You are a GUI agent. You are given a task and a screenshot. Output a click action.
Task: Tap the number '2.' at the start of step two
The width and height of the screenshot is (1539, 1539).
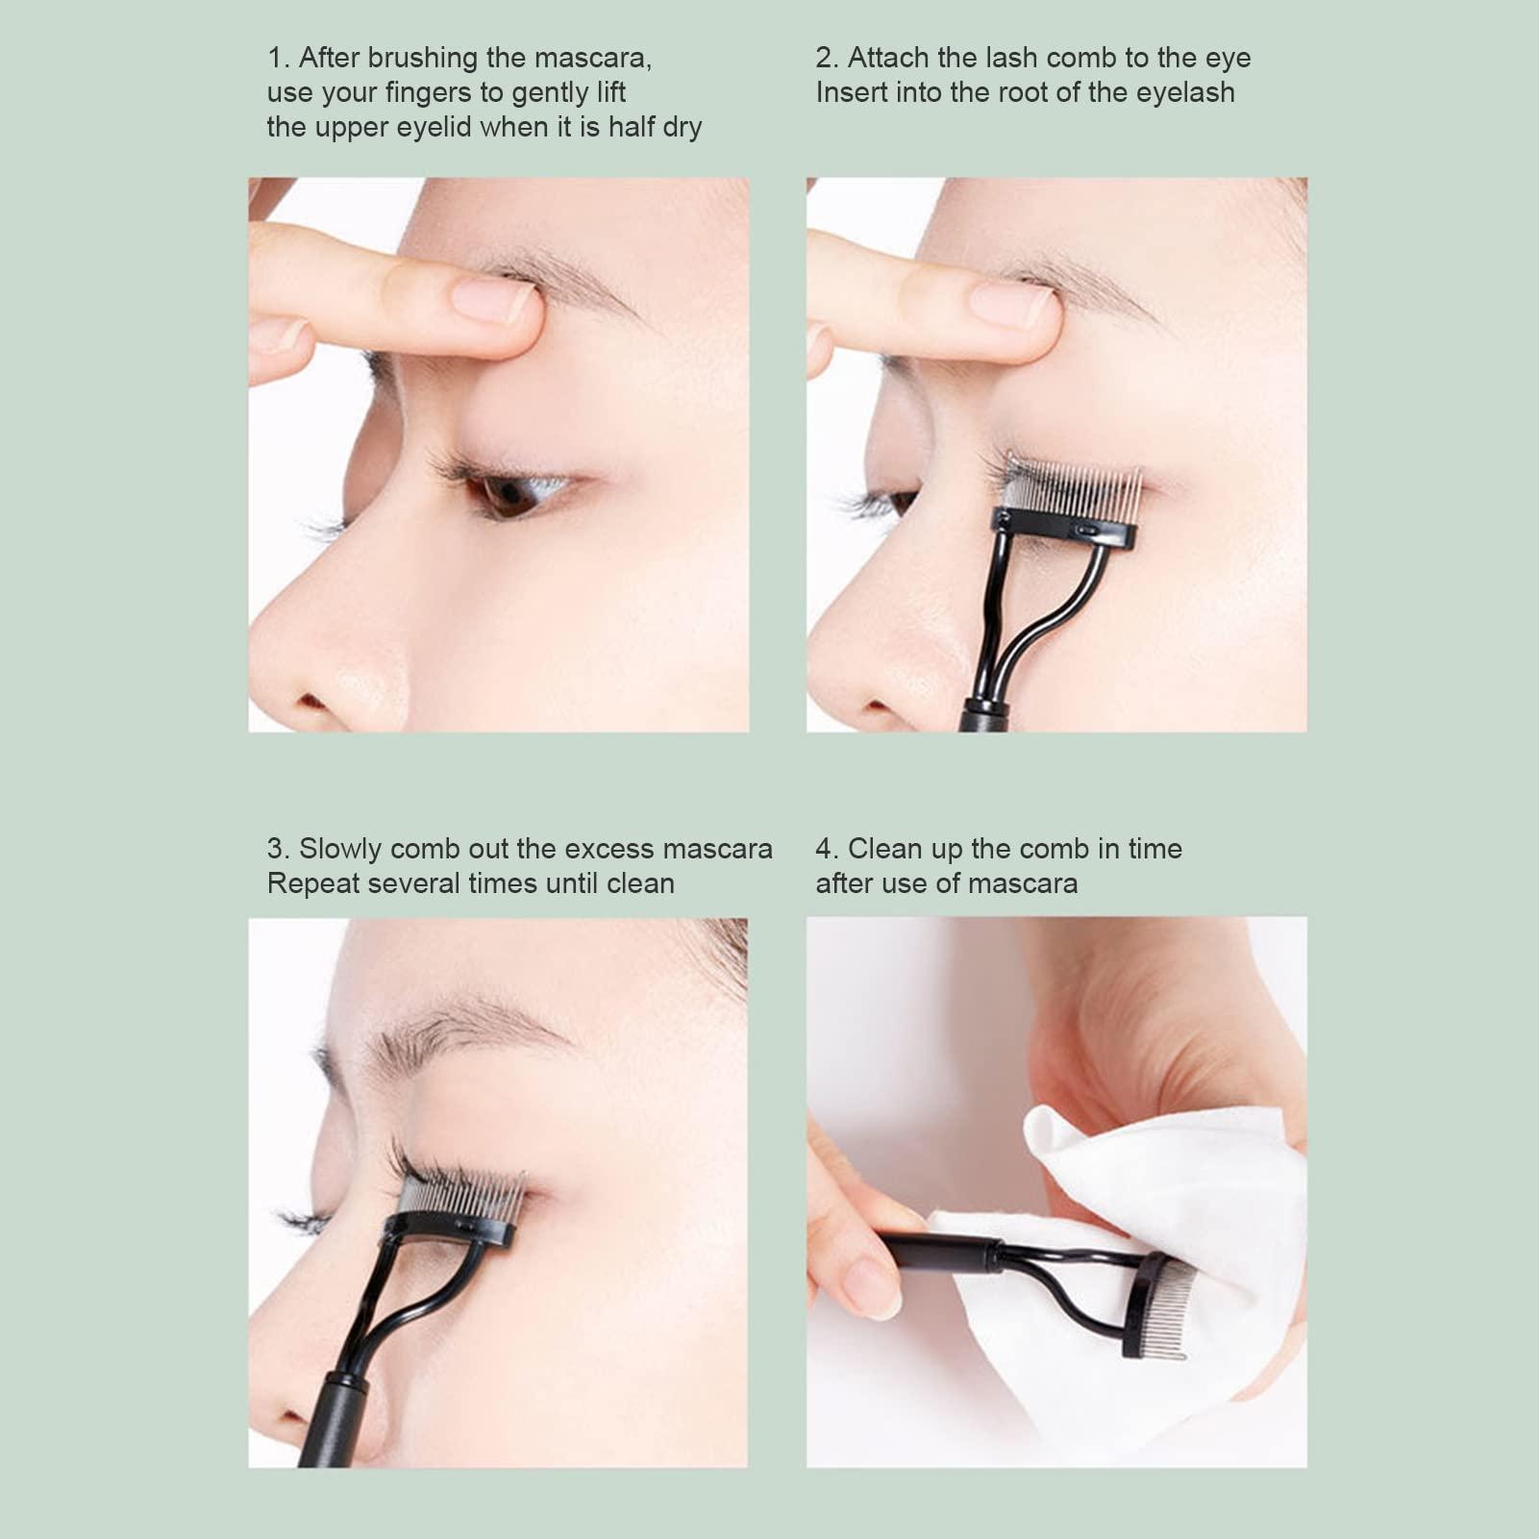[x=827, y=59]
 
